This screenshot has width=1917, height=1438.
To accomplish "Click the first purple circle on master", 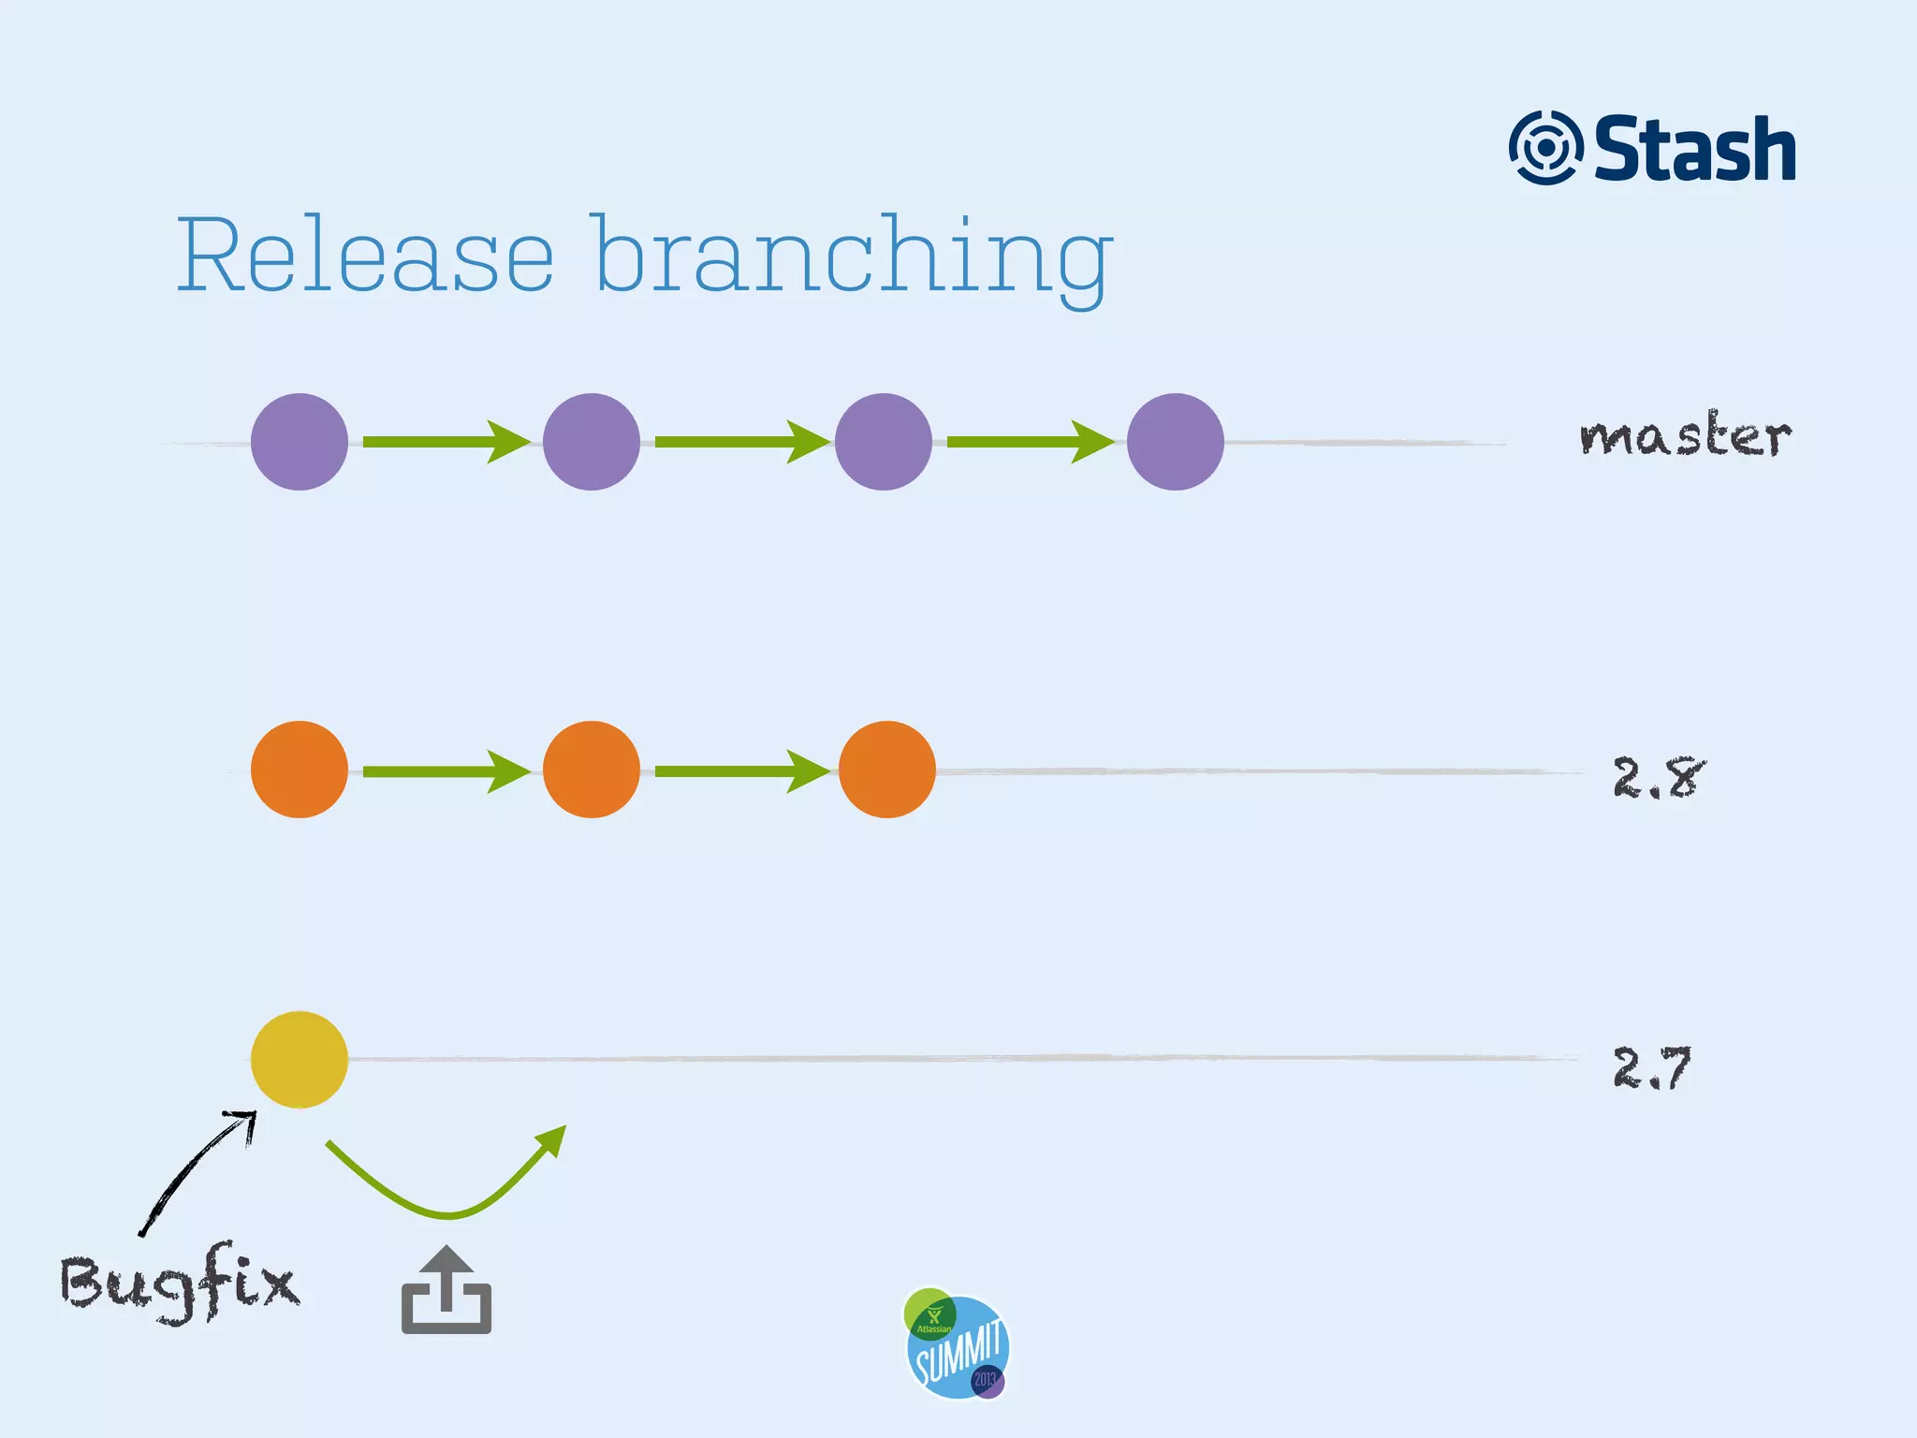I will (300, 442).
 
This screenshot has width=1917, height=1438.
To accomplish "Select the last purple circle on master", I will (1175, 442).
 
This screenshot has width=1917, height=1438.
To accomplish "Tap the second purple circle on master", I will (592, 442).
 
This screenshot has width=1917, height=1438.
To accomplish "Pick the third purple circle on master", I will (884, 442).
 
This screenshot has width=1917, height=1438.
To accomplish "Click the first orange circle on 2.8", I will (300, 770).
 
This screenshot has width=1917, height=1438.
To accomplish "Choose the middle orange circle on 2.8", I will (592, 770).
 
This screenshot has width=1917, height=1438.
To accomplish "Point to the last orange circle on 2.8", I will (886, 770).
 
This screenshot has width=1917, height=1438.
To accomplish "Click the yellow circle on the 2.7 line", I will (300, 1060).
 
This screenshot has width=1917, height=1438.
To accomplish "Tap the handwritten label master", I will (1685, 436).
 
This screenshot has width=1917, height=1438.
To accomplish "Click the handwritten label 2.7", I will (1652, 1068).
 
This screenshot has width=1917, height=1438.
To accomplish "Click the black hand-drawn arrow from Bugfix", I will (197, 1170).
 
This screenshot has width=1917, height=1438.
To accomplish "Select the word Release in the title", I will (365, 255).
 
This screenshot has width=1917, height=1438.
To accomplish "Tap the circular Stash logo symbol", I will (1545, 148).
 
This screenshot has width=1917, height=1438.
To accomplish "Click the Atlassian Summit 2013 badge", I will (957, 1345).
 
